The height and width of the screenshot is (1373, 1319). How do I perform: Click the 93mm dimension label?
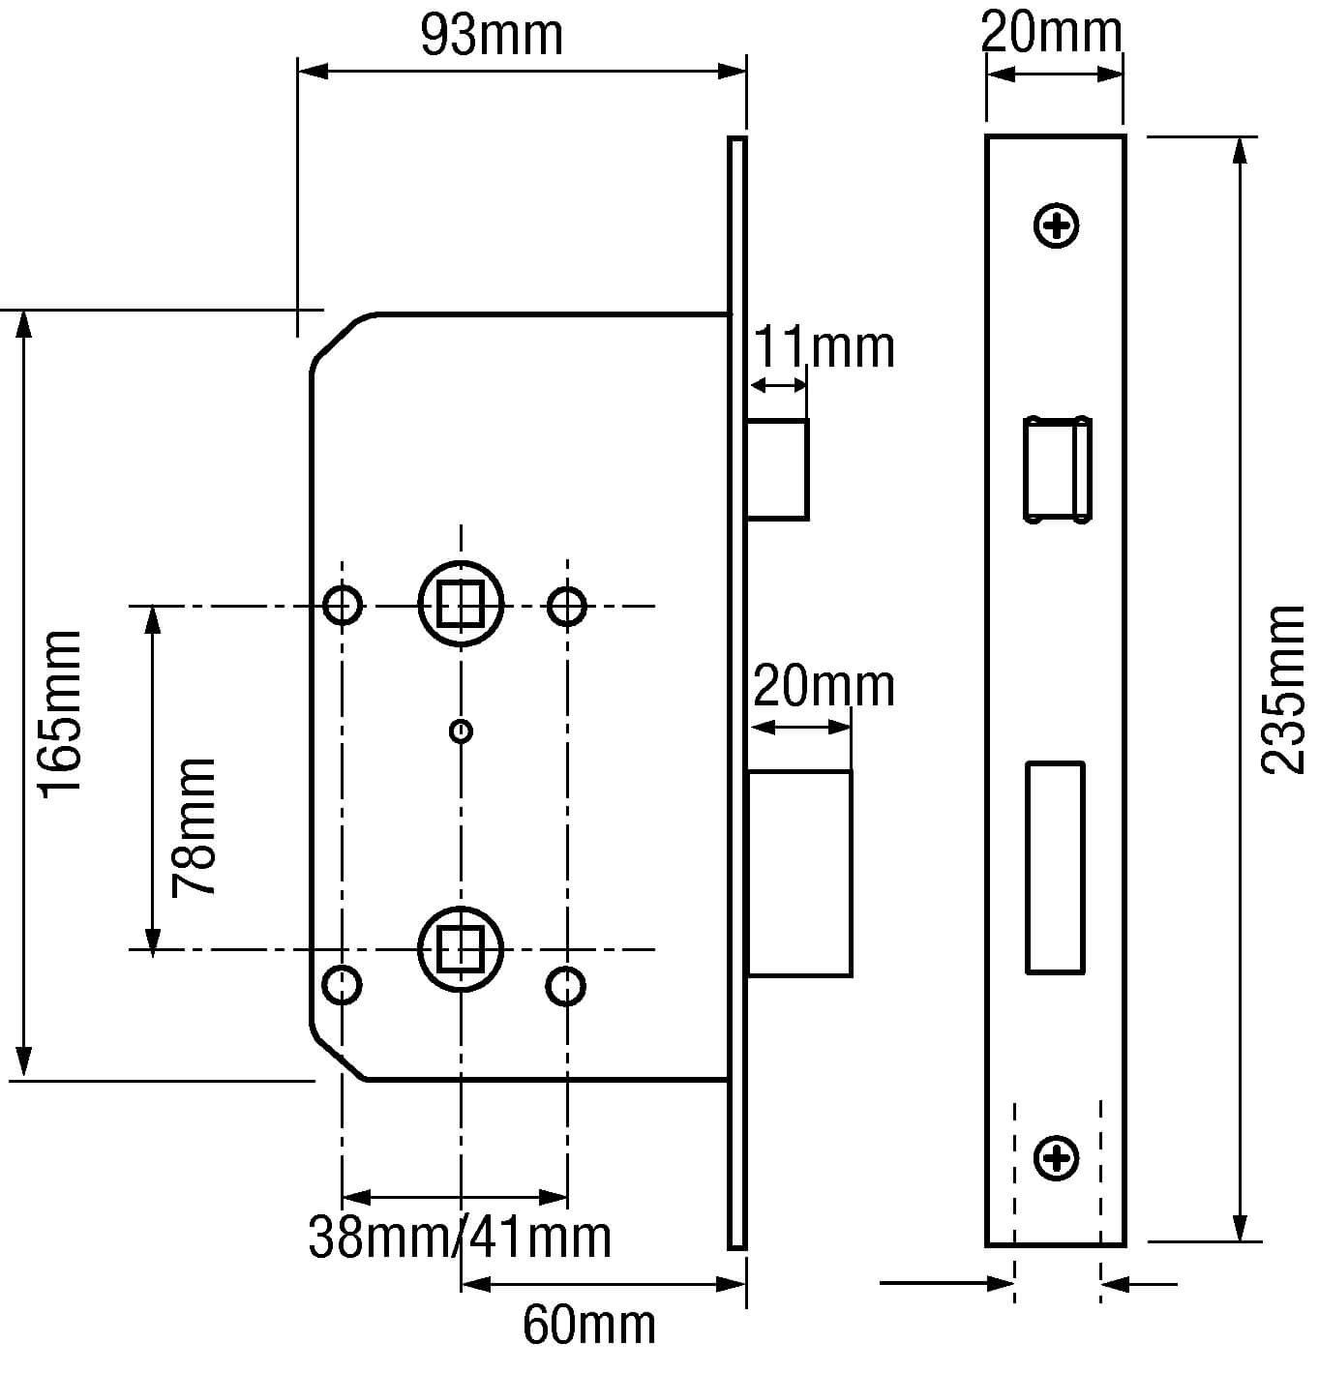click(x=492, y=36)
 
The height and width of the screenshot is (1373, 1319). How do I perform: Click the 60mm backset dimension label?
click(x=588, y=1323)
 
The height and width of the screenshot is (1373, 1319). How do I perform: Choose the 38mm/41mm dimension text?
click(x=460, y=1236)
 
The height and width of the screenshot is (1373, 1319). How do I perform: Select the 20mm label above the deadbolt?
click(x=824, y=686)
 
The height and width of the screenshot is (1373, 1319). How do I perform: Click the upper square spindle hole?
click(x=461, y=606)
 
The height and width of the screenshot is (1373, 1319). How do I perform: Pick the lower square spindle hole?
click(x=461, y=949)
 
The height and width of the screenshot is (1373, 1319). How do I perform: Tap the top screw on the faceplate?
click(x=1057, y=227)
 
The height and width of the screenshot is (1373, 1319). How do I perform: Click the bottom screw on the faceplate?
click(x=1057, y=1157)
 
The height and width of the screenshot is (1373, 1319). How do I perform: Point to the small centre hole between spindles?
click(x=462, y=731)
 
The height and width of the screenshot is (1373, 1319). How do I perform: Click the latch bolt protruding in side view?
click(x=778, y=469)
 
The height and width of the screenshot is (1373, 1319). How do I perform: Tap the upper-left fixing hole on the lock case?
click(x=342, y=606)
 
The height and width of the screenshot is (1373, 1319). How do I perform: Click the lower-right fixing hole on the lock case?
click(x=566, y=985)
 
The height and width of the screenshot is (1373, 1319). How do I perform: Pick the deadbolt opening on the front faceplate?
click(x=1054, y=867)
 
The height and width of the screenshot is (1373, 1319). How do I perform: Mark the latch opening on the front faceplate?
click(x=1057, y=469)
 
